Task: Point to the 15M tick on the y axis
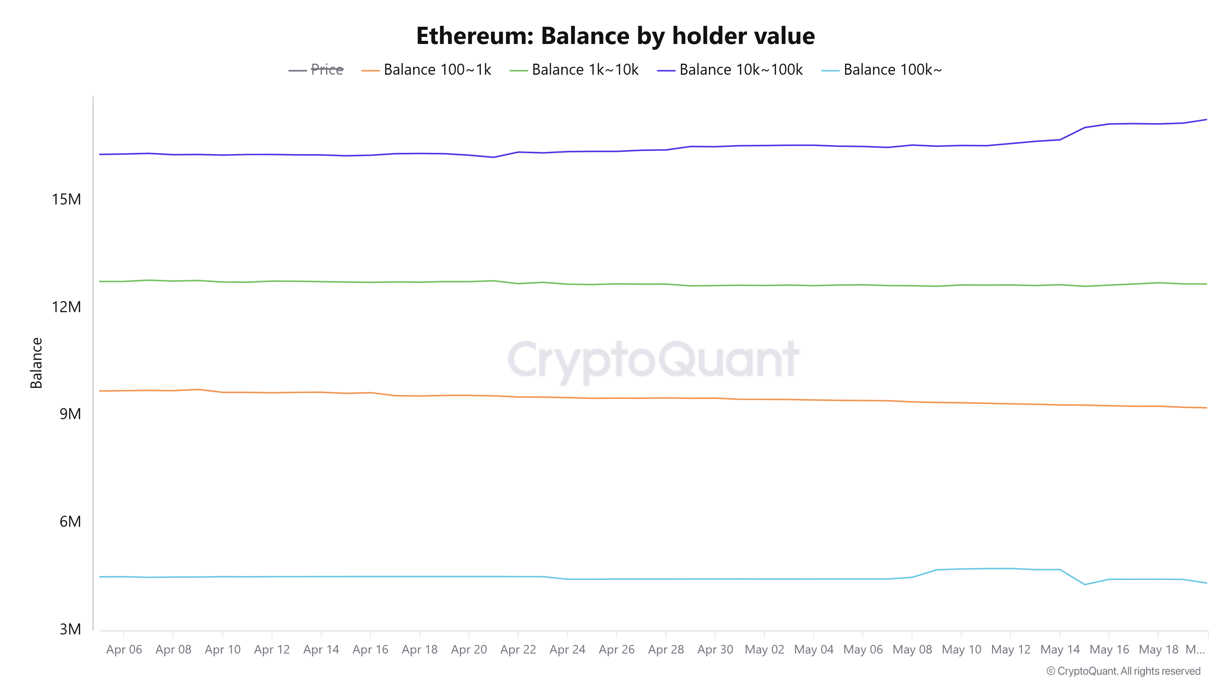pyautogui.click(x=66, y=199)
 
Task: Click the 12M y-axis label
pyautogui.click(x=66, y=307)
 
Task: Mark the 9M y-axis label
pyautogui.click(x=70, y=414)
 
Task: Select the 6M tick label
pyautogui.click(x=70, y=522)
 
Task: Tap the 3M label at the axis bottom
pyautogui.click(x=70, y=629)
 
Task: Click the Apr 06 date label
pyautogui.click(x=124, y=650)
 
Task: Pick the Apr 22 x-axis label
pyautogui.click(x=518, y=650)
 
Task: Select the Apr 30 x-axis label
pyautogui.click(x=715, y=650)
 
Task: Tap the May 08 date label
pyautogui.click(x=912, y=650)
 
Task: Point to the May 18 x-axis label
pyautogui.click(x=1158, y=650)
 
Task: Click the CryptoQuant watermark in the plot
pyautogui.click(x=653, y=359)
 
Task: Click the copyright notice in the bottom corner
pyautogui.click(x=1123, y=671)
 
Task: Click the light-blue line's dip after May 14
pyautogui.click(x=1085, y=585)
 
